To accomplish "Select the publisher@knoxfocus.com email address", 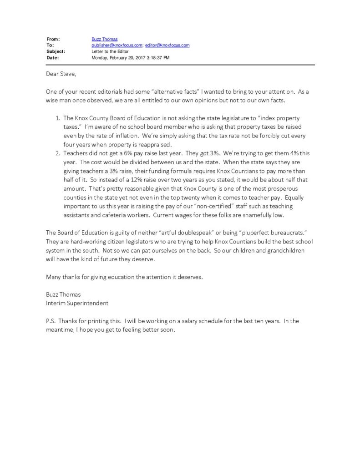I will click(x=117, y=46).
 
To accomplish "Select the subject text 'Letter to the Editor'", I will click(x=110, y=51).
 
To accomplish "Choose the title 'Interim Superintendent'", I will click(x=77, y=303).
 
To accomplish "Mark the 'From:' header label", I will click(x=53, y=40).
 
